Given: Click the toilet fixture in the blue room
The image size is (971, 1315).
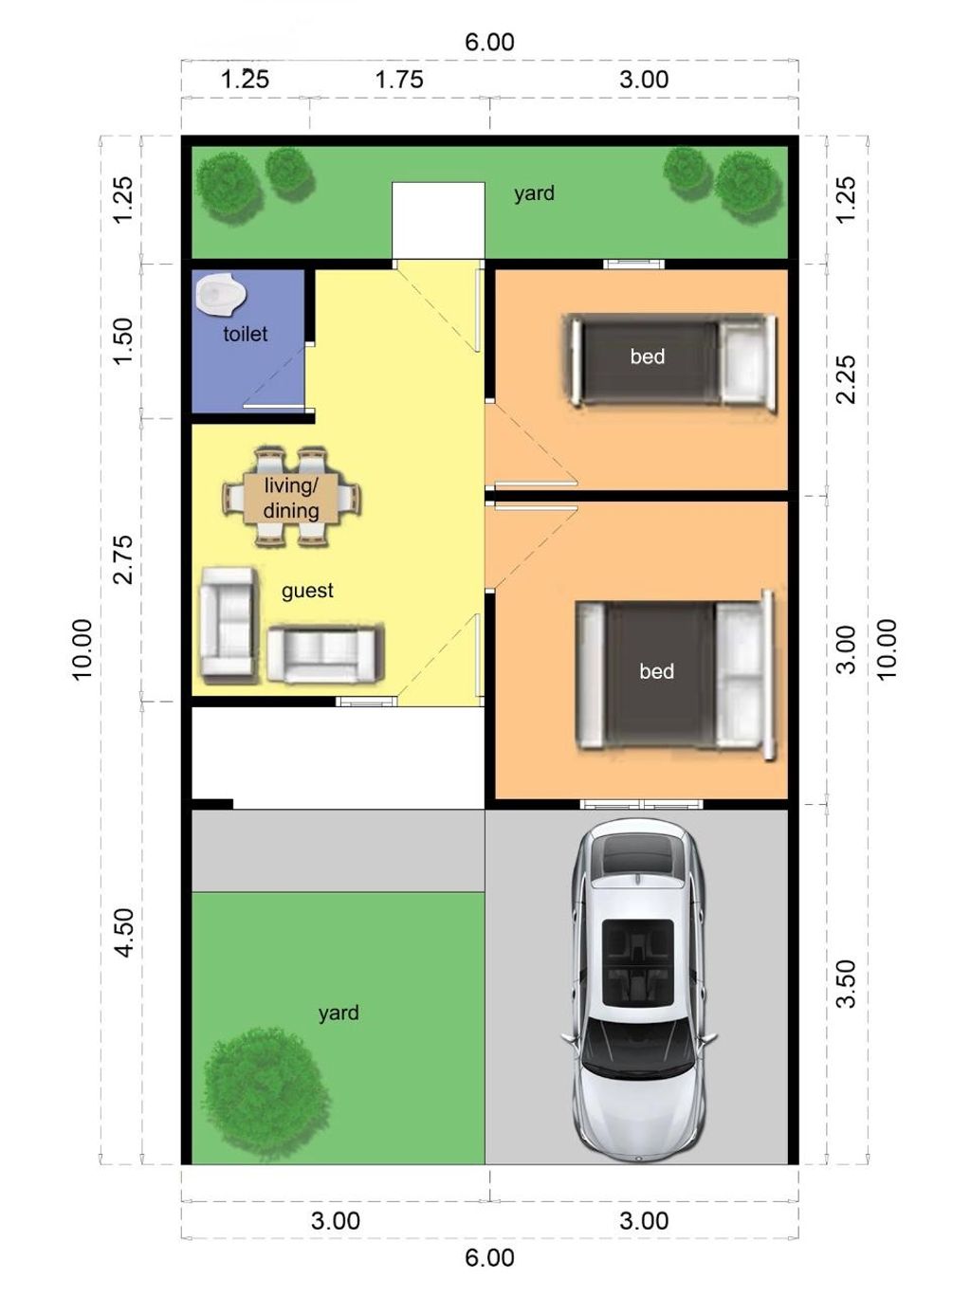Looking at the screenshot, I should (x=221, y=294).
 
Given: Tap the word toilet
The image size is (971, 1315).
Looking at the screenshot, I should (x=245, y=334).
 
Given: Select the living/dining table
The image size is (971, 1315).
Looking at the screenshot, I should (x=291, y=498).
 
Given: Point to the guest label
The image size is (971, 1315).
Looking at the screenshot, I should (x=307, y=591).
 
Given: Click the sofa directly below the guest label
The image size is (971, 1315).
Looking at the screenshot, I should (x=324, y=653).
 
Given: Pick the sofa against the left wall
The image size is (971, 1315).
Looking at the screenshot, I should (x=228, y=624).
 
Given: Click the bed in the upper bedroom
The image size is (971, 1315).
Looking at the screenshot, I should (x=671, y=360).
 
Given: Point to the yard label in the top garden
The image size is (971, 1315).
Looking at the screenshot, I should (x=534, y=193).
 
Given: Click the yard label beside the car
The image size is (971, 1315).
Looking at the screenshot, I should (x=339, y=1013).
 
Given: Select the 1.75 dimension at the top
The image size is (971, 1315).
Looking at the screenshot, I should (x=399, y=80).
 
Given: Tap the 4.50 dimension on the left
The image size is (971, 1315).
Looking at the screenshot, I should (x=123, y=933).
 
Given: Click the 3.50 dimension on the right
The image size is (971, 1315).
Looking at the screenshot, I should (x=846, y=983).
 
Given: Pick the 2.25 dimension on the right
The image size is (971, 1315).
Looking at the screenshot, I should (x=846, y=379).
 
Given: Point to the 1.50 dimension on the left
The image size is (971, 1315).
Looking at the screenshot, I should (x=123, y=341).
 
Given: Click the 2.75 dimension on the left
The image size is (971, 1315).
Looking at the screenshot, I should (x=123, y=559).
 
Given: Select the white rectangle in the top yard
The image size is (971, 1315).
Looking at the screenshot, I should (x=438, y=219).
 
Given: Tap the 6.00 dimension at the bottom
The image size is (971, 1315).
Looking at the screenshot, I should (x=489, y=1258).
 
